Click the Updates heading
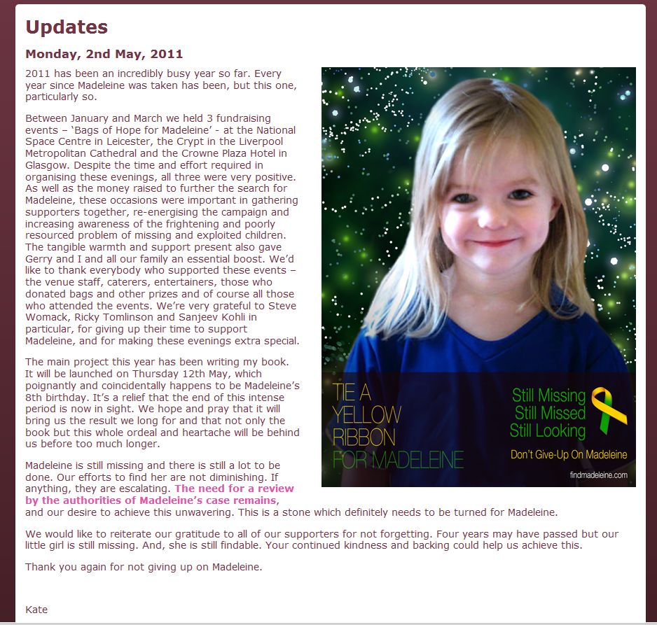(67, 27)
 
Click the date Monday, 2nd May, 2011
(104, 54)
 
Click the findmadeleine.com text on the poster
(598, 475)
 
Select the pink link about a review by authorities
(159, 494)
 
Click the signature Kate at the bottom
(36, 610)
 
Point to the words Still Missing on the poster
(548, 395)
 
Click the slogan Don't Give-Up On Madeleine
(568, 455)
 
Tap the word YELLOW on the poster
(367, 414)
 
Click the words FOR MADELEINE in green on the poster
(398, 460)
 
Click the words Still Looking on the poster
(547, 430)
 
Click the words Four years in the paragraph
(391, 534)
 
